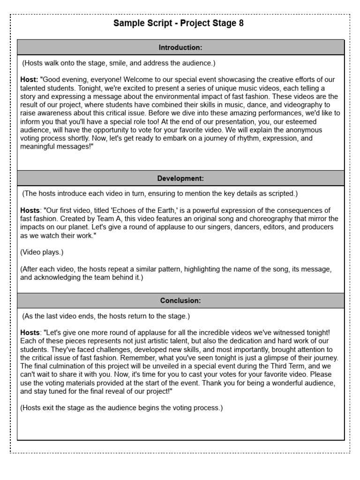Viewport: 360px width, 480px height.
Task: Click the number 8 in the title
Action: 241,24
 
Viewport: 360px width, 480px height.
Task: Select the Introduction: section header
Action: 180,47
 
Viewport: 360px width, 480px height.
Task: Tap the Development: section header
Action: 180,178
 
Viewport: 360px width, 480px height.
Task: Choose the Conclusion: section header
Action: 180,300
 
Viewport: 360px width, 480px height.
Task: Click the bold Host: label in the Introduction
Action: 30,80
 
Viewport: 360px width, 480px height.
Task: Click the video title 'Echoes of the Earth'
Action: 141,210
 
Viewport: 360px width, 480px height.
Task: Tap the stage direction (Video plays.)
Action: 42,252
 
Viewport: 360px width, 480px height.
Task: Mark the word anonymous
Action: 303,130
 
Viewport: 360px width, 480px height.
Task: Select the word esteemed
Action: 315,122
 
